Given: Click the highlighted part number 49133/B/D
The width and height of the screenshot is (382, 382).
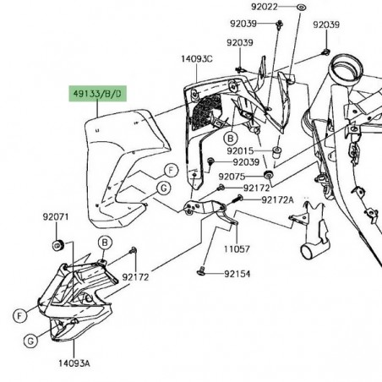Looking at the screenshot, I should [95, 90].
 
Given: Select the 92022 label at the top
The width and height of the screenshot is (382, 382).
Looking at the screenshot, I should [265, 7].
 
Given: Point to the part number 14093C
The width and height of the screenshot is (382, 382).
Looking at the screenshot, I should [195, 59].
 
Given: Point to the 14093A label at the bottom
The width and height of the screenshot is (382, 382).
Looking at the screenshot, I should [74, 362].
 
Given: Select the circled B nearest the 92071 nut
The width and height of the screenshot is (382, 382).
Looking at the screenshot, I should [104, 243].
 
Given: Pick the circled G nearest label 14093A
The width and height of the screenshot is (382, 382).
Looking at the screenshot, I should [30, 341].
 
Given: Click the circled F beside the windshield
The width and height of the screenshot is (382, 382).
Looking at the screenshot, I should [171, 170].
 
